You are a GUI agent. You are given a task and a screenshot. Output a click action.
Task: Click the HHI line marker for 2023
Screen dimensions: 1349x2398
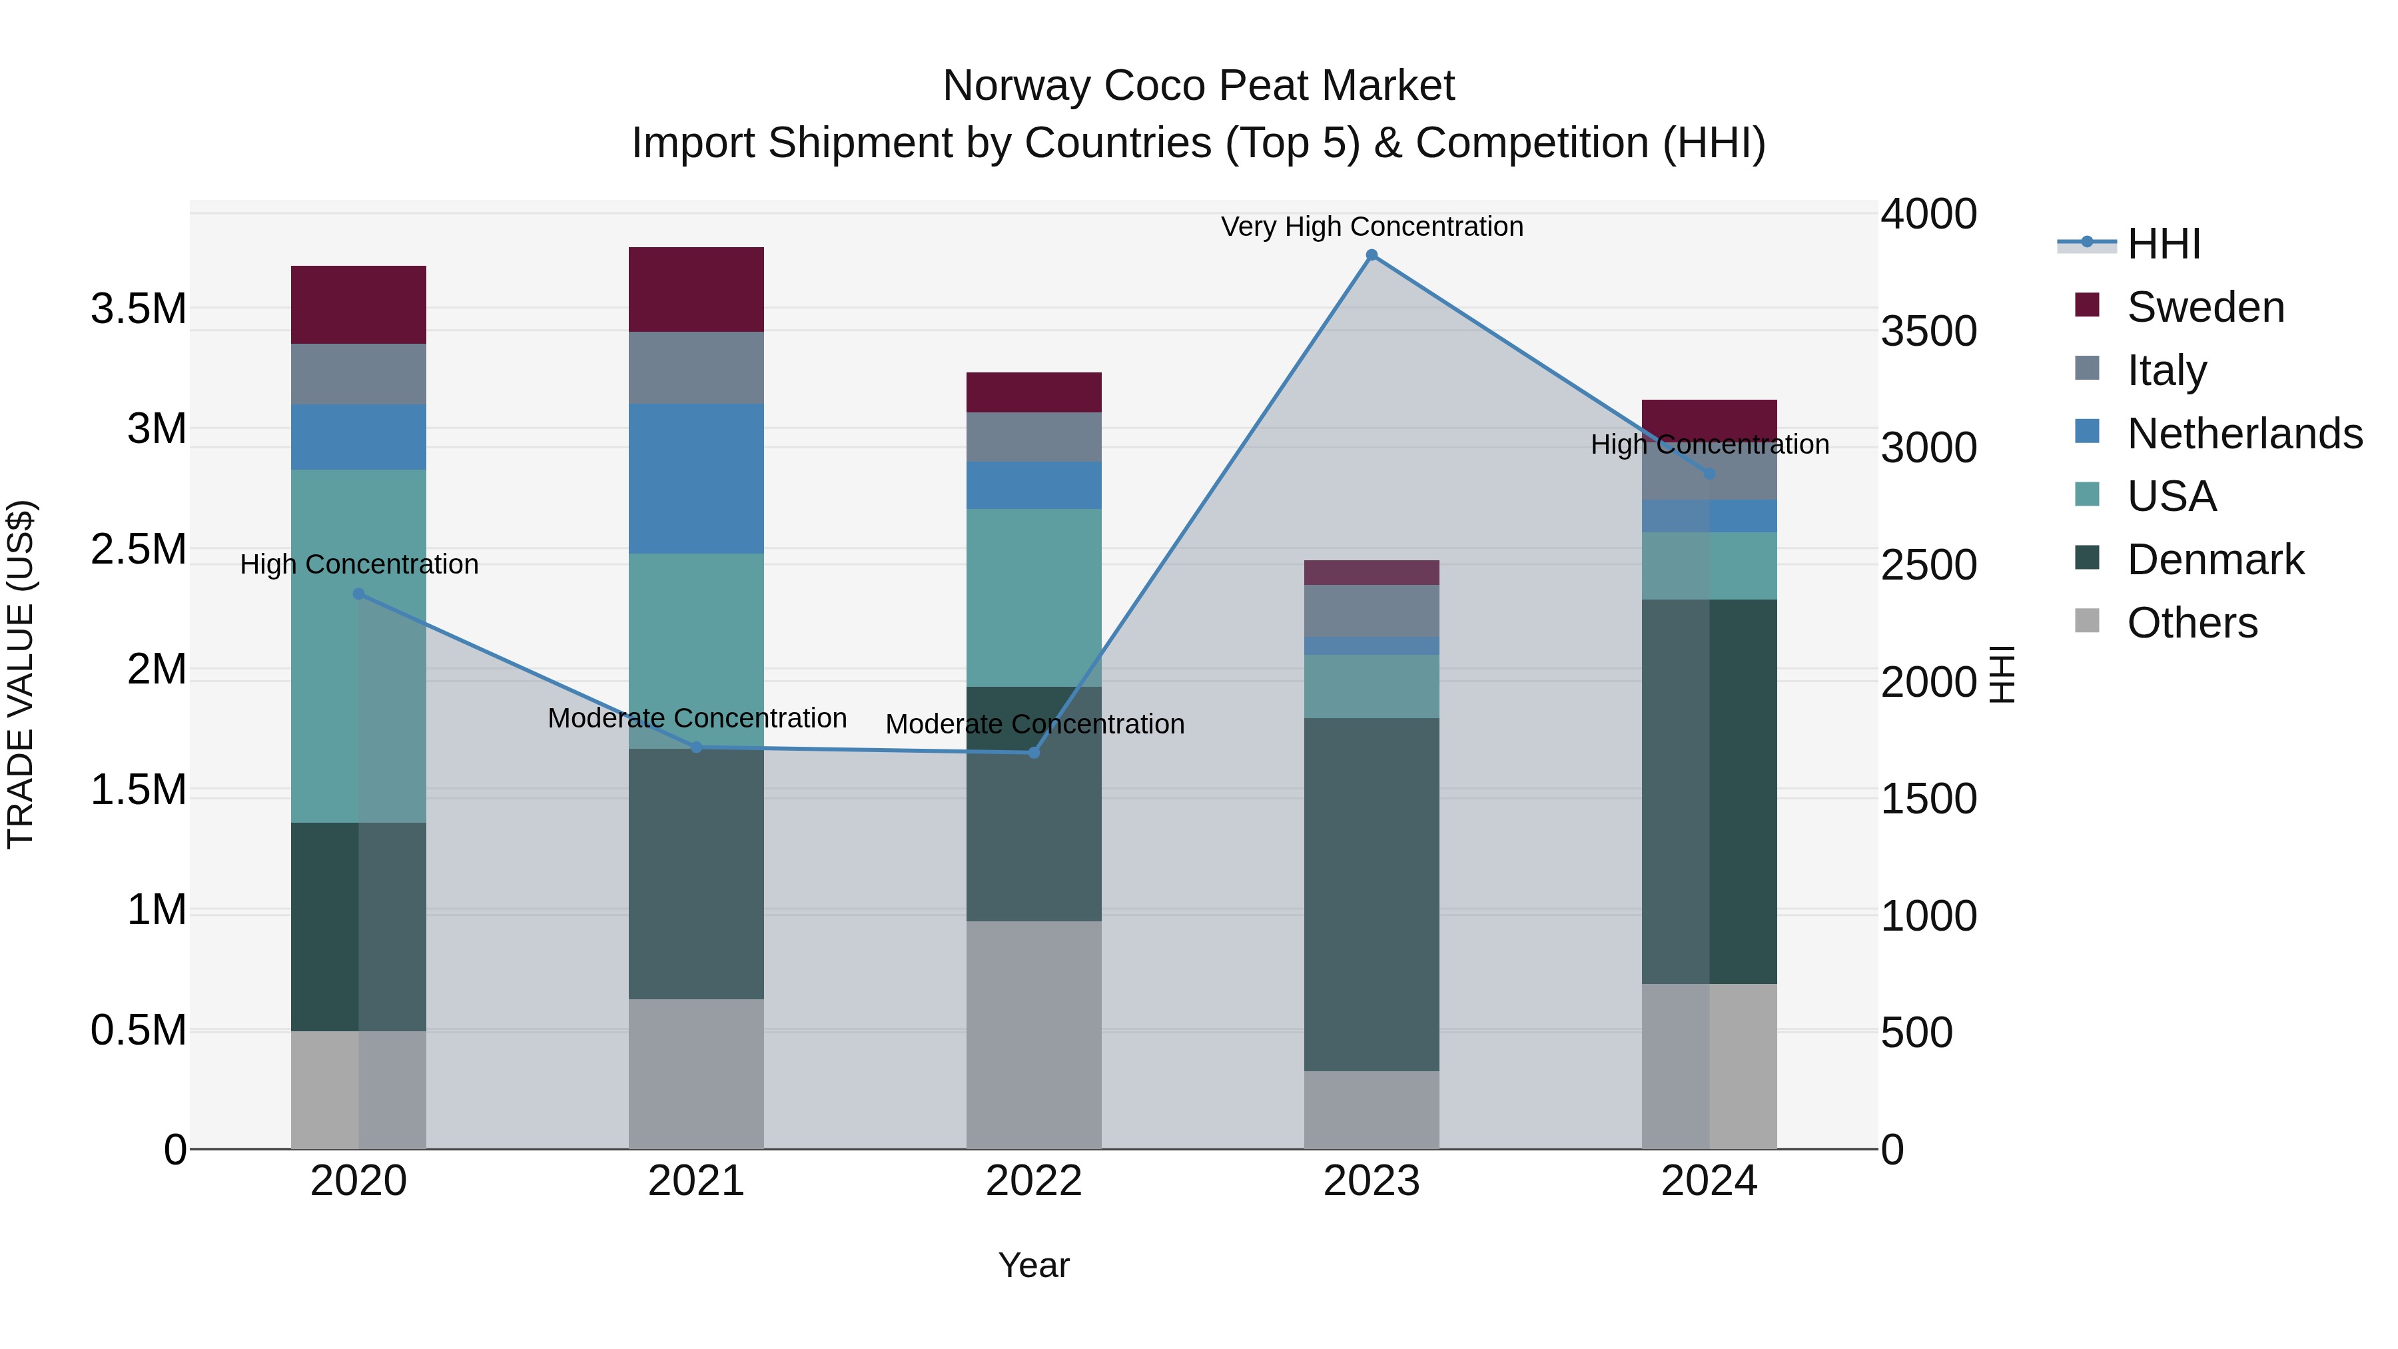click(x=1372, y=255)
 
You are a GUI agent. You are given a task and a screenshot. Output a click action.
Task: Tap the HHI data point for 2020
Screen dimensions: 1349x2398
click(x=358, y=594)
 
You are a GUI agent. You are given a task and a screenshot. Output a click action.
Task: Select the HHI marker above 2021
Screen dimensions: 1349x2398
click(x=696, y=747)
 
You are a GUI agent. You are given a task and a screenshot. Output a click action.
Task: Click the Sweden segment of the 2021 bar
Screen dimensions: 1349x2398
click(x=696, y=290)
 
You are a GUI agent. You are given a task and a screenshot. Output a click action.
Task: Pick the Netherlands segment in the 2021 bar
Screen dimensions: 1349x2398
click(x=696, y=478)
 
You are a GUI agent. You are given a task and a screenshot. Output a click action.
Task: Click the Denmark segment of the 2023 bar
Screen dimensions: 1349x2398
click(x=1372, y=894)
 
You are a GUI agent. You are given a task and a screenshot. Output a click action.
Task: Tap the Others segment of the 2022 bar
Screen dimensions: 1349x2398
click(x=1033, y=1035)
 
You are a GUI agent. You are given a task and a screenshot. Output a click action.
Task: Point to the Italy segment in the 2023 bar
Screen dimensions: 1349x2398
click(x=1372, y=611)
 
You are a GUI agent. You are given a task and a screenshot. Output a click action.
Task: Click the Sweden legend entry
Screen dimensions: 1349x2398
click(x=2205, y=307)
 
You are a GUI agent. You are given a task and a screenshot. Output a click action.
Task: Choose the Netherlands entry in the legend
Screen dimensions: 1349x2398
click(x=2244, y=434)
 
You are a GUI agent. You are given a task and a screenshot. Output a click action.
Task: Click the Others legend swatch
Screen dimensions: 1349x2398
click(x=2087, y=621)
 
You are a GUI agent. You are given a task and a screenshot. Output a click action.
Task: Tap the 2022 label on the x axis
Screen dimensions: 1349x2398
click(x=1033, y=1181)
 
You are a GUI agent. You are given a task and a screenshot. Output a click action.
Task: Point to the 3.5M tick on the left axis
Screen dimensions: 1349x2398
click(x=139, y=309)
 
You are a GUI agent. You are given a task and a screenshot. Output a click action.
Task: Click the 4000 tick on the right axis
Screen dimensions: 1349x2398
click(x=1928, y=214)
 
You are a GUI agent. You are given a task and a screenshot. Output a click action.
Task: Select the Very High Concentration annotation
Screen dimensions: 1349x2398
click(x=1372, y=227)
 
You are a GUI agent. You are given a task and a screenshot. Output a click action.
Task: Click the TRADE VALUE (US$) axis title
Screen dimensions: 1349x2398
click(x=21, y=674)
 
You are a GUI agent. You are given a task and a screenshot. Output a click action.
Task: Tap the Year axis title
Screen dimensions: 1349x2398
click(x=1033, y=1265)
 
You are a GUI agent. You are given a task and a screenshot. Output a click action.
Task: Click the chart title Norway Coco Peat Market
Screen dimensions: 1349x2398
click(x=1198, y=86)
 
